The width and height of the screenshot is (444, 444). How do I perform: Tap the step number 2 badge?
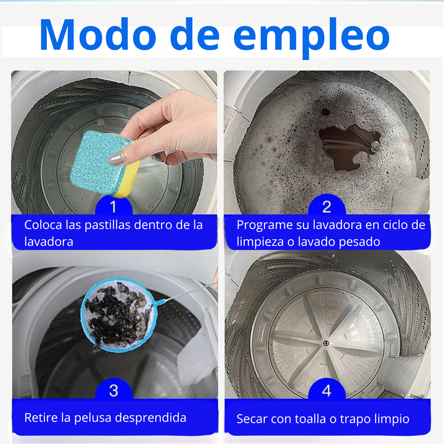[326, 206]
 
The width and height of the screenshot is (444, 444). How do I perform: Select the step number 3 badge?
[113, 390]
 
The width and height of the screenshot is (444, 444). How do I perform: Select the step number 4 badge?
[326, 390]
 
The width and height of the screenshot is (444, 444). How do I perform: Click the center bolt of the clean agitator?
[325, 342]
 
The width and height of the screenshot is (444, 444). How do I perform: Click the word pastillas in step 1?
[109, 225]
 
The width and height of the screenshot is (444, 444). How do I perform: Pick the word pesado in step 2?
[360, 242]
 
